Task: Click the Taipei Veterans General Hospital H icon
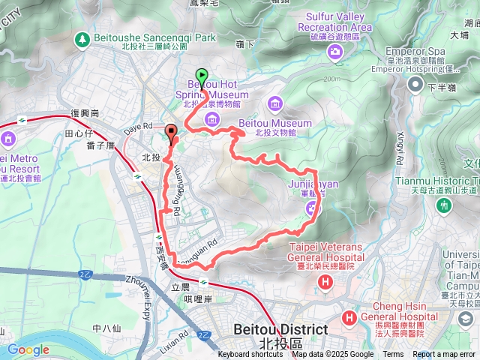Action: (x=325, y=283)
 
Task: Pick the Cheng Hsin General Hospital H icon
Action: (x=349, y=319)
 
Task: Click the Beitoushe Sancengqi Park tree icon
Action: (x=81, y=37)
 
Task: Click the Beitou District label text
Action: (x=280, y=329)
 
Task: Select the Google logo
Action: (x=28, y=349)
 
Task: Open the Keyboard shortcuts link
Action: (x=250, y=355)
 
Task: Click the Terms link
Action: (x=393, y=355)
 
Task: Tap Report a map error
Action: (x=444, y=355)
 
